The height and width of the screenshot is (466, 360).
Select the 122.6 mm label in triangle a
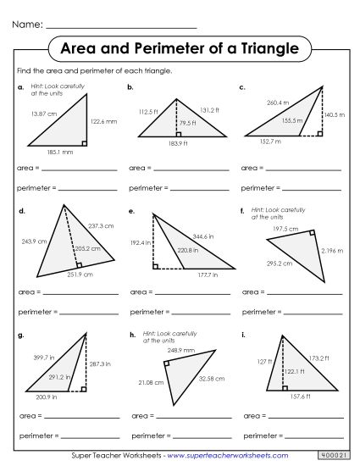(x=104, y=122)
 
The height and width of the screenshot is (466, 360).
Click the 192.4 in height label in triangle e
(x=140, y=242)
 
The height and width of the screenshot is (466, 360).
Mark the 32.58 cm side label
(x=210, y=378)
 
